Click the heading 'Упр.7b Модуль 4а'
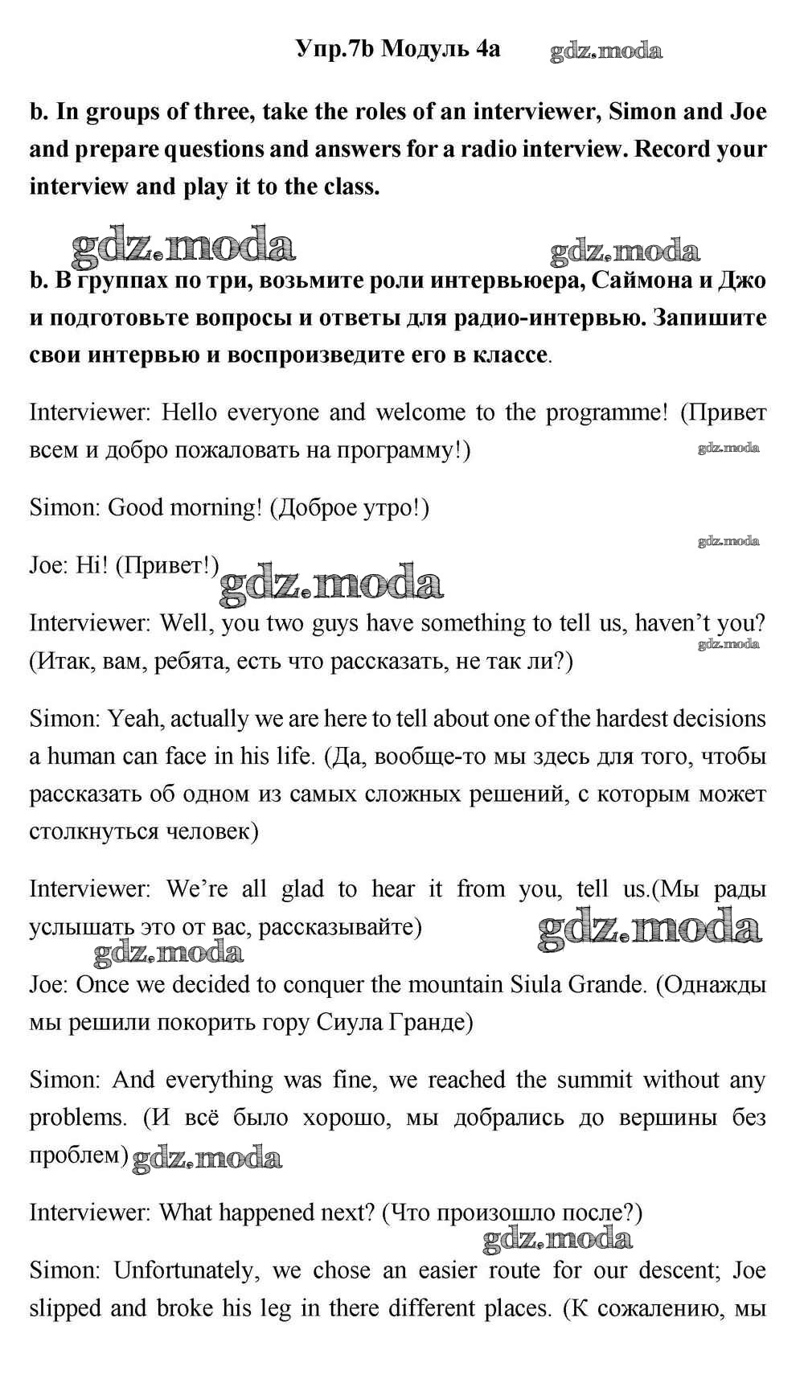[397, 49]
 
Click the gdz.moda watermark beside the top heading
[606, 51]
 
